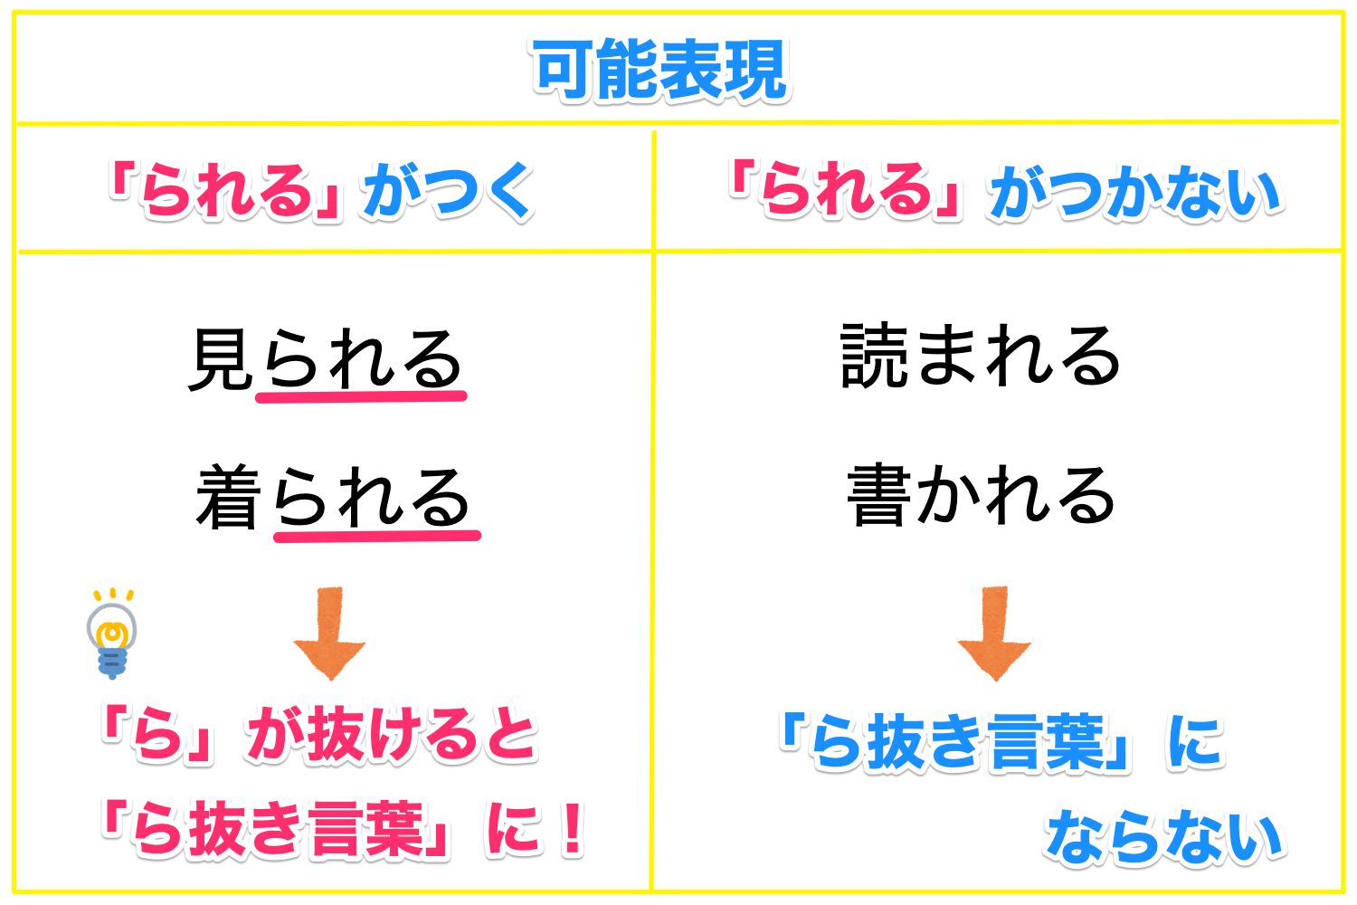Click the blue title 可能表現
click(661, 70)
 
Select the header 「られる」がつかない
click(1006, 189)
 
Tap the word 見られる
click(327, 358)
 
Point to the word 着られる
click(333, 497)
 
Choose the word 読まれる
click(981, 356)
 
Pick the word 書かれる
click(982, 495)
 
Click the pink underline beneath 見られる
click(361, 397)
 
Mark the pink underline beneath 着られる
click(377, 536)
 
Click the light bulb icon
click(112, 633)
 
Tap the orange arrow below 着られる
click(329, 633)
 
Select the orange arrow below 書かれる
click(994, 633)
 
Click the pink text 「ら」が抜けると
click(319, 734)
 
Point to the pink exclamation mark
click(572, 829)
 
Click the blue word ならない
click(1163, 836)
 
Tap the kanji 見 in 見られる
click(221, 359)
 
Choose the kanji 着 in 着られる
click(228, 497)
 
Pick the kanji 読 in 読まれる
click(874, 356)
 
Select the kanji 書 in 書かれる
click(879, 495)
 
